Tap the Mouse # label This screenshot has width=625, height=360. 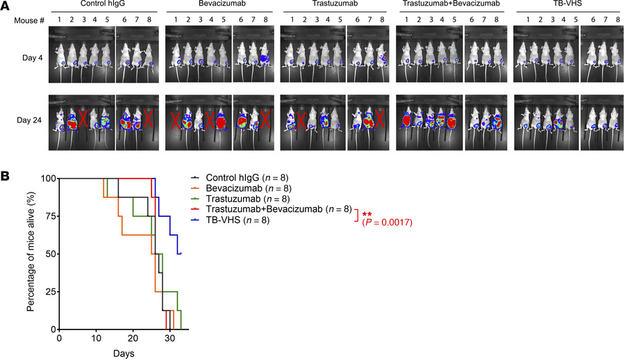30,21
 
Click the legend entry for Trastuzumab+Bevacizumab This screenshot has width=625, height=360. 271,210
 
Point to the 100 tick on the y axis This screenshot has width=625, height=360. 45,179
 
